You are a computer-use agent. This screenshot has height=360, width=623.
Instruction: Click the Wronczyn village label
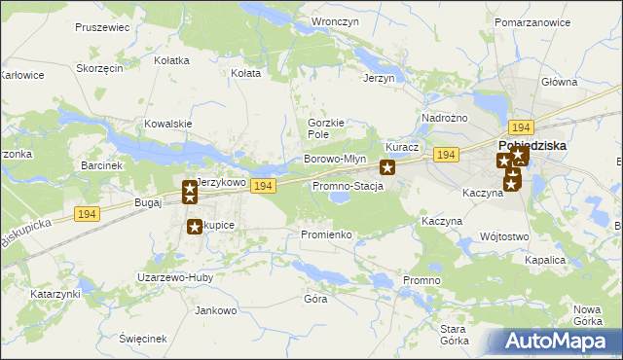coord(330,20)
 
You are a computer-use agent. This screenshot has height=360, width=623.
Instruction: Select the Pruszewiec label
coord(101,27)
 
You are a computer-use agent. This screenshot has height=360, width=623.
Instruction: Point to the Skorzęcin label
coord(98,69)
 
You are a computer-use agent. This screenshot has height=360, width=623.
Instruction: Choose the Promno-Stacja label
coord(347,185)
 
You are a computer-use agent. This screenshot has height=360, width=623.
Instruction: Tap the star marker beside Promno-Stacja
coord(386,167)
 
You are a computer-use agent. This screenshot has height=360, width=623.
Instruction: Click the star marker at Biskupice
coord(194,227)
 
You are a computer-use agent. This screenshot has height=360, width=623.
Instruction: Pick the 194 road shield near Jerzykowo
coord(260,185)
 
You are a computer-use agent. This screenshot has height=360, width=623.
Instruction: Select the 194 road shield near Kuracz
coord(447,156)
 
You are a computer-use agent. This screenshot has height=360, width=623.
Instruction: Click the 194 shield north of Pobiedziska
coord(521,127)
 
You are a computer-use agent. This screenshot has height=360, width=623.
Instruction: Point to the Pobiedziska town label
coord(554,146)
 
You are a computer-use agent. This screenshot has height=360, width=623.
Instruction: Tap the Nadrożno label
coord(440,118)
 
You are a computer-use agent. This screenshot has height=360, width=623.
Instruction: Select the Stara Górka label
coord(454,335)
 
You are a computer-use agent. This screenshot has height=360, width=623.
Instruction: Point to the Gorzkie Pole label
coord(326,128)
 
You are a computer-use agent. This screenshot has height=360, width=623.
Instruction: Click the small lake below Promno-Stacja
coord(340,198)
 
